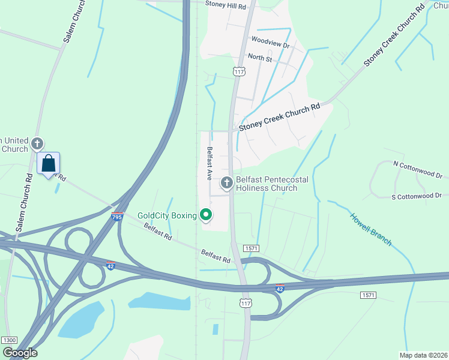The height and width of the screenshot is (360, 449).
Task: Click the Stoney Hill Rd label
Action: tap(226, 5)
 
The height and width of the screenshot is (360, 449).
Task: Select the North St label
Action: tap(260, 59)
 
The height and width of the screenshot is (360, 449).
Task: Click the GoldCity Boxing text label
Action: tap(167, 215)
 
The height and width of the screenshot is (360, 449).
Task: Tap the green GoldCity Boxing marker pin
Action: tap(206, 214)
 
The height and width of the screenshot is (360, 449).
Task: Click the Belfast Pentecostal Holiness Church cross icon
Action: tap(227, 182)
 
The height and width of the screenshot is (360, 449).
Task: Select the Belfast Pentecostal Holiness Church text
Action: tap(266, 184)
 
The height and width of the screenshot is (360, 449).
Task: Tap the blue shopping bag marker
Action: tap(48, 163)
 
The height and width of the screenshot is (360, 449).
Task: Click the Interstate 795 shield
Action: tap(117, 215)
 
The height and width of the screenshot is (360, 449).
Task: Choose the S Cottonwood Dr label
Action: tap(416, 196)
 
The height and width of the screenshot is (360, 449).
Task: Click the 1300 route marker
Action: tap(9, 340)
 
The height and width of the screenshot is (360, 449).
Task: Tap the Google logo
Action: tap(20, 352)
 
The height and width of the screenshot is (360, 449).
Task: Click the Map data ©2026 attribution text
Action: tap(423, 355)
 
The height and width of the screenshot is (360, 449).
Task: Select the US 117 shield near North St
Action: tap(240, 71)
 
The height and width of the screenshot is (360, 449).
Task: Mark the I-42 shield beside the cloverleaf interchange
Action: tap(110, 265)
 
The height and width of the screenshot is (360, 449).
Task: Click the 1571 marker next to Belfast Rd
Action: tap(251, 248)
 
